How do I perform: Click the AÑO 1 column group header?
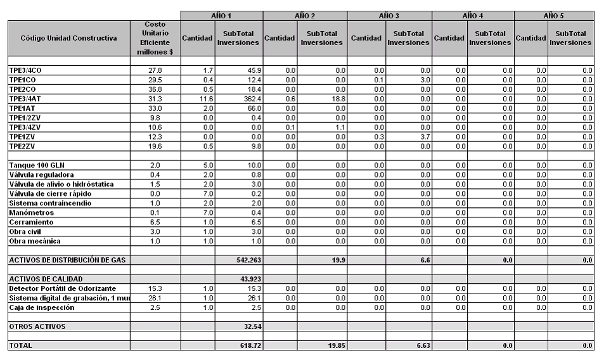pos(221,15)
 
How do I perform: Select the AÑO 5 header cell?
pos(554,15)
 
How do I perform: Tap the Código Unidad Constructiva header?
pos(68,38)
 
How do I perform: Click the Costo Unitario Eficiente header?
pos(156,38)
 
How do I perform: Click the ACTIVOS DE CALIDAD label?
pos(46,279)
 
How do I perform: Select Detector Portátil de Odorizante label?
pos(61,288)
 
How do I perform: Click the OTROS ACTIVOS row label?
pos(37,326)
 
